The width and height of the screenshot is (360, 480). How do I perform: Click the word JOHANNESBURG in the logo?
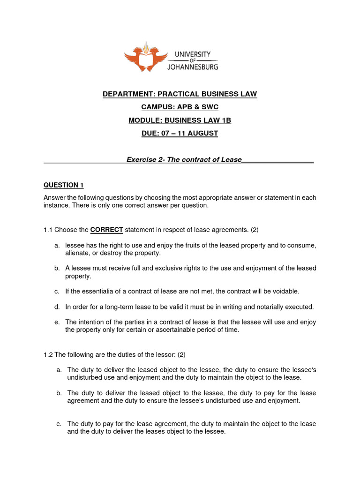tap(193, 66)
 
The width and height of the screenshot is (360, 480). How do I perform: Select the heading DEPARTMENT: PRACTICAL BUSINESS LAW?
tap(180, 94)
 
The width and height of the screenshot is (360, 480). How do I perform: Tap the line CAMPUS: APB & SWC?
tap(180, 107)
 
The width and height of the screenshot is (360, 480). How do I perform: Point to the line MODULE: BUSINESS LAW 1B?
tap(180, 120)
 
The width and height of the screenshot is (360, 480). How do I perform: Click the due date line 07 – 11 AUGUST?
tap(180, 134)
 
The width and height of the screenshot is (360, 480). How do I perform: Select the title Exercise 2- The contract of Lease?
tap(184, 159)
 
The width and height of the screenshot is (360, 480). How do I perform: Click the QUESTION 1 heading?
tap(63, 185)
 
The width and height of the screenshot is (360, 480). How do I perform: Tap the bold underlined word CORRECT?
tap(106, 230)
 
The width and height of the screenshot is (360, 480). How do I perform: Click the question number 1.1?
tap(48, 230)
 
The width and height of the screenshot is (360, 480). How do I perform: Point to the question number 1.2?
tap(48, 354)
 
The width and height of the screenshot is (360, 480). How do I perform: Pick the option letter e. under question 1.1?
tap(57, 322)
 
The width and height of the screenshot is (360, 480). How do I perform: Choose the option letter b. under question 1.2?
tap(58, 393)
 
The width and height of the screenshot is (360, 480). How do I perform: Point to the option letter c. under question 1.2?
tap(58, 424)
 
